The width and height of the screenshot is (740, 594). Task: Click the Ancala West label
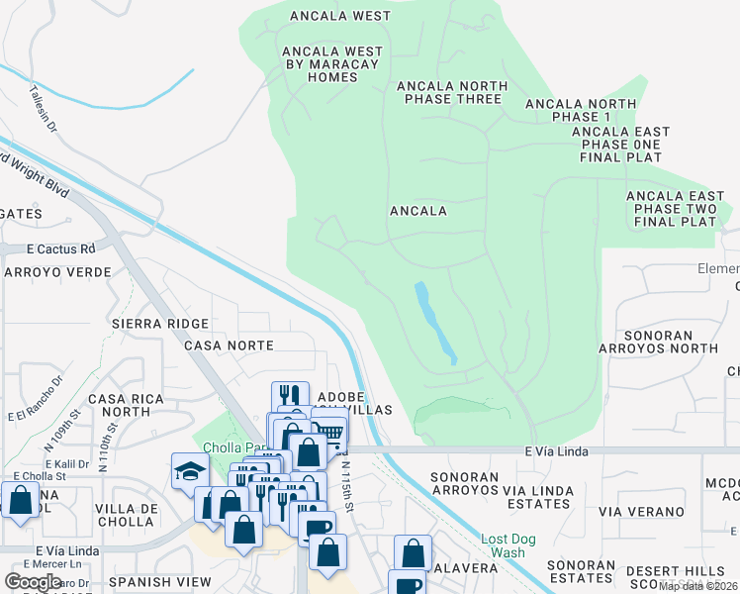(340, 16)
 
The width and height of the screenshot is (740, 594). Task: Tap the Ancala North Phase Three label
(451, 92)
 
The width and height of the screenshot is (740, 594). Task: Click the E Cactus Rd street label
(60, 248)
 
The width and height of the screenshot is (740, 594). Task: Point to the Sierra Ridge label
(160, 324)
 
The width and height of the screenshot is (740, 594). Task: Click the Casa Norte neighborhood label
(229, 346)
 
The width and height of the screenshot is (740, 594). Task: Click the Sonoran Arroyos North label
(658, 342)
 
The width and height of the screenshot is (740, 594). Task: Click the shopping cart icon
(329, 431)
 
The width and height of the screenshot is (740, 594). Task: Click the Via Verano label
(640, 512)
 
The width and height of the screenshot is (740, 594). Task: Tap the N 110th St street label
(107, 436)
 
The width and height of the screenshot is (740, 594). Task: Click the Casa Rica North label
(119, 405)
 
